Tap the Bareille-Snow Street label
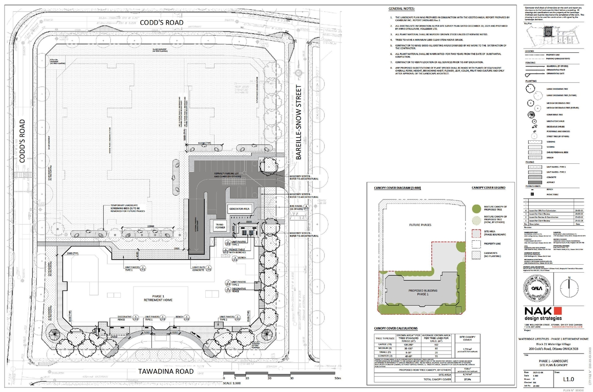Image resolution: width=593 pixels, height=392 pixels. (x=299, y=122)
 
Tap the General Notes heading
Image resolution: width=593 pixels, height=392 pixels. (x=401, y=9)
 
